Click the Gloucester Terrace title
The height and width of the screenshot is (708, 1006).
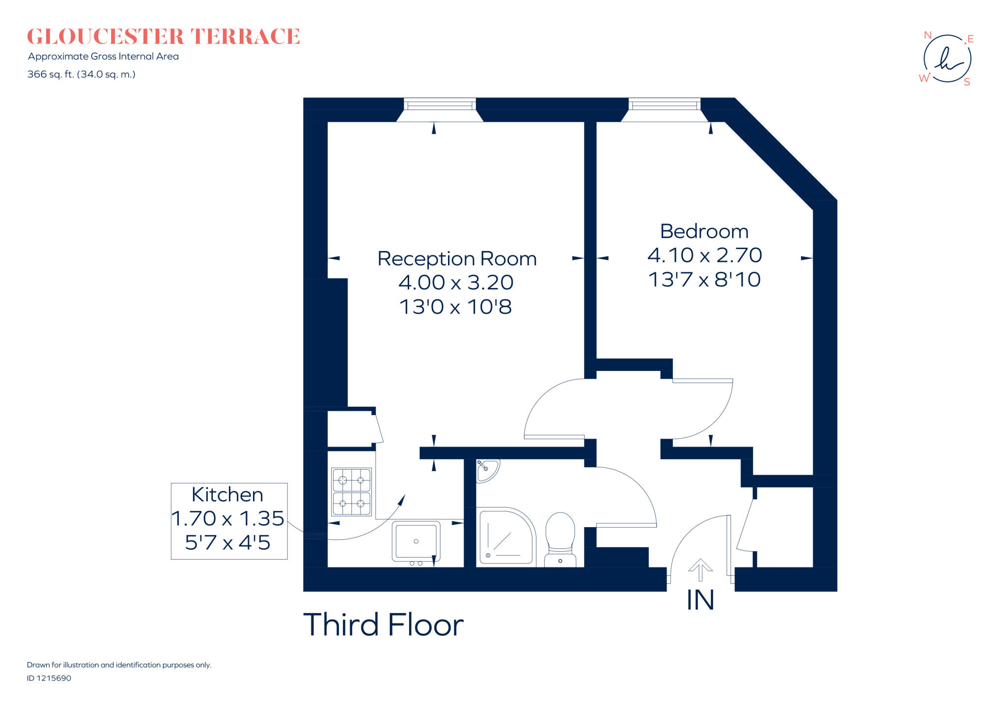click(x=163, y=37)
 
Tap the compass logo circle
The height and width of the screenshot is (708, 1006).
click(x=947, y=58)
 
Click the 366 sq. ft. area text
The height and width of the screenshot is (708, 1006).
click(x=81, y=74)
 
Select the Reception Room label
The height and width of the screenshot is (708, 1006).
click(x=457, y=258)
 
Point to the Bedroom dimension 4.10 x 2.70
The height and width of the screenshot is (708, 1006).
click(x=704, y=255)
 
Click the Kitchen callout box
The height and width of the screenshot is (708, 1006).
click(x=229, y=520)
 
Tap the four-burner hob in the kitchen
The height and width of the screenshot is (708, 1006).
click(x=352, y=492)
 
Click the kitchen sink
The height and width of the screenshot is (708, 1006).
click(x=416, y=541)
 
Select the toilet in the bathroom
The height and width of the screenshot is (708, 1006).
click(x=560, y=538)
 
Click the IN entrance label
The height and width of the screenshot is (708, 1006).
click(x=700, y=600)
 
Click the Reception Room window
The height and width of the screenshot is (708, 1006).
click(x=440, y=105)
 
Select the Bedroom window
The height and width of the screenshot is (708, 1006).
click(x=664, y=105)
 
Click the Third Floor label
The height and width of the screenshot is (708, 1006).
click(x=383, y=624)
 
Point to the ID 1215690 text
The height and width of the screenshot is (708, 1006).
click(x=49, y=678)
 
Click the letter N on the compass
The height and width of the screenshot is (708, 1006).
click(x=927, y=35)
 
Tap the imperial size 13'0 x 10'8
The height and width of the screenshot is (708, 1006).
click(x=455, y=307)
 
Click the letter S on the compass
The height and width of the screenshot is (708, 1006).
click(x=967, y=82)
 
